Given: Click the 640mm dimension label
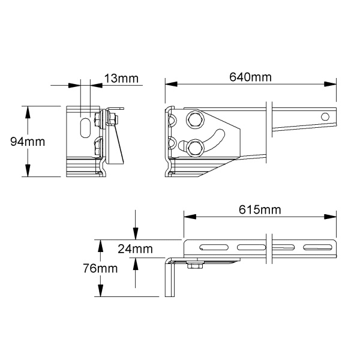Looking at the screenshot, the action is pyautogui.click(x=250, y=77).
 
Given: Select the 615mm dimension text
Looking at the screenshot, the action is pyautogui.click(x=260, y=209).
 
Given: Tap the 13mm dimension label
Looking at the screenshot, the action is pyautogui.click(x=121, y=78).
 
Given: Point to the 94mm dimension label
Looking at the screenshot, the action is pyautogui.click(x=28, y=142).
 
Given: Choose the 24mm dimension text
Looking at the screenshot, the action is pyautogui.click(x=135, y=249).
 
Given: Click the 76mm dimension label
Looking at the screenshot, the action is pyautogui.click(x=100, y=268).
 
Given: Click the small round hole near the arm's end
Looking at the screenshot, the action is pyautogui.click(x=325, y=116).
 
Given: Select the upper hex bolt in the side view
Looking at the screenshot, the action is pyautogui.click(x=195, y=120).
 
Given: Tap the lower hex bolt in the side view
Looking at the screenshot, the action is pyautogui.click(x=195, y=148).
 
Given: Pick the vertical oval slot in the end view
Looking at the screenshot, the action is pyautogui.click(x=85, y=128).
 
